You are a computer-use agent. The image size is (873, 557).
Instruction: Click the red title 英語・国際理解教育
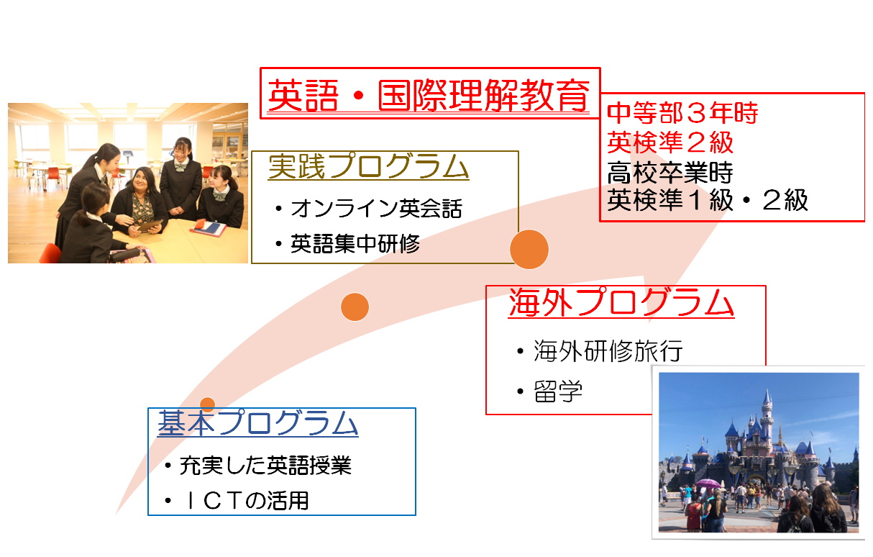[x=429, y=96]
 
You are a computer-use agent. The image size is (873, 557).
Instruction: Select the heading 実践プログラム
[x=368, y=166]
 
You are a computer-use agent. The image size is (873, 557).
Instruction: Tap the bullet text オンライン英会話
[x=377, y=208]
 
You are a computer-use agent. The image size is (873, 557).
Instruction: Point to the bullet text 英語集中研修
[x=355, y=244]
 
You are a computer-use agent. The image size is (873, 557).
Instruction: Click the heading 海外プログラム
[x=621, y=302]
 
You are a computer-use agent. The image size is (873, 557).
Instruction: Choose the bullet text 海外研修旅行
[x=608, y=351]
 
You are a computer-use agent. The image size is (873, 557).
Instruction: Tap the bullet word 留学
[x=558, y=391]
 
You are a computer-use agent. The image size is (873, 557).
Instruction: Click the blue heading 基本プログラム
[x=257, y=423]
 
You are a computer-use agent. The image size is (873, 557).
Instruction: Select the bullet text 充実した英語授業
[x=265, y=466]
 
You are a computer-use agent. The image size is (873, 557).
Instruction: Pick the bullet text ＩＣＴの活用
[x=244, y=501]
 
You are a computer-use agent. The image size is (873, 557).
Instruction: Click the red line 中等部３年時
[x=682, y=113]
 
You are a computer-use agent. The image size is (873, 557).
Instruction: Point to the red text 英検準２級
[x=670, y=142]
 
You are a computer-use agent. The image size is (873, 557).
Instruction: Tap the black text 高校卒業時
[x=670, y=173]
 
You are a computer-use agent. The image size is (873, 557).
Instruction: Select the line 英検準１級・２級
[x=708, y=200]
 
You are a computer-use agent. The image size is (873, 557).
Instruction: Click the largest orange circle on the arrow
[x=529, y=249]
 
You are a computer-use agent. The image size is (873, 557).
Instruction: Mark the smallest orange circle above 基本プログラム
[x=207, y=404]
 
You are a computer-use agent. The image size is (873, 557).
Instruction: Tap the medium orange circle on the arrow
[x=355, y=307]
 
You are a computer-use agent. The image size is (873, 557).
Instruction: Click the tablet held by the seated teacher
[x=150, y=226]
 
